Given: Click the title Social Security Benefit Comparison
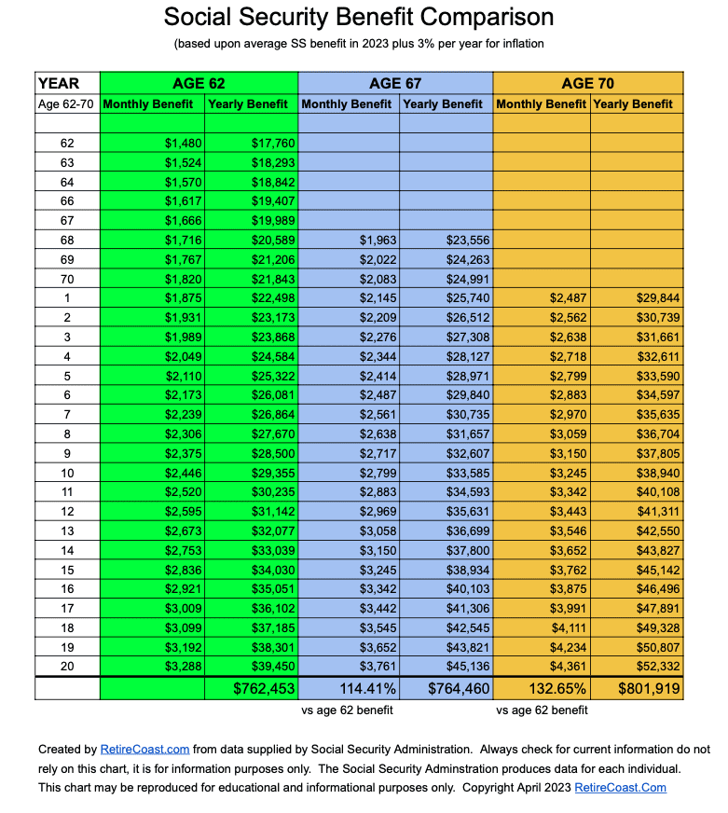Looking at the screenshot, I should [359, 17].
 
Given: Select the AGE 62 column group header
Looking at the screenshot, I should [199, 83].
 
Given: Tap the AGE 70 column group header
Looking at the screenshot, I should [587, 83].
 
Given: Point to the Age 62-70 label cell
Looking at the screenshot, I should [66, 103].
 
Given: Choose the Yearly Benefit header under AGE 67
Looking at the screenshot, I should [443, 103].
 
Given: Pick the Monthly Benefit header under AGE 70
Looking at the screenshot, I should [541, 103].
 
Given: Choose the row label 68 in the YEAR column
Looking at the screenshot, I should [66, 240].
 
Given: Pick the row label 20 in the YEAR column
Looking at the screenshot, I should [66, 666].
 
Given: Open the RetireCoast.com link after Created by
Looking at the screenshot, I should [144, 749].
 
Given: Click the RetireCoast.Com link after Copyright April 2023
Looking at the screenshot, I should [620, 788].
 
